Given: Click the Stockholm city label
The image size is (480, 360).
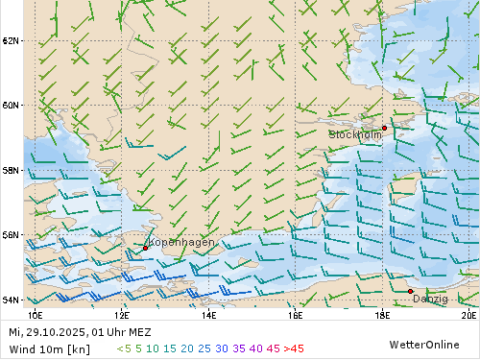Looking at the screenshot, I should click(355, 135).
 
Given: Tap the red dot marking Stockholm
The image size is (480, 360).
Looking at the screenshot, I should click(384, 128).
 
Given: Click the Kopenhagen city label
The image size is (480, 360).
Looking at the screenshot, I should click(181, 243).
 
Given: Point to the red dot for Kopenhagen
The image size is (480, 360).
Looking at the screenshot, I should click(145, 248).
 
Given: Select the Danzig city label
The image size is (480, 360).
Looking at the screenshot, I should click(429, 299).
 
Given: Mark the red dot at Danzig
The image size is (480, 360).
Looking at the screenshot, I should click(410, 291).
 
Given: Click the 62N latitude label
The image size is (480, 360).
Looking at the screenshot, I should click(12, 40).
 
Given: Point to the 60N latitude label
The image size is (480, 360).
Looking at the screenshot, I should click(12, 106).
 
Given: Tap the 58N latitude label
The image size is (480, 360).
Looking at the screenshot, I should click(12, 170).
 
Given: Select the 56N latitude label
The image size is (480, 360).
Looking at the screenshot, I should click(12, 234).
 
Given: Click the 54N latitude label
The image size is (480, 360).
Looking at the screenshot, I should click(12, 300).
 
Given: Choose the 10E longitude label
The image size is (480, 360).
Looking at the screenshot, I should click(36, 313).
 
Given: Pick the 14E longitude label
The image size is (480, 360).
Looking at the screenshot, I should click(208, 313).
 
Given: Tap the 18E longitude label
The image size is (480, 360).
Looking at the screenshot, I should click(382, 313).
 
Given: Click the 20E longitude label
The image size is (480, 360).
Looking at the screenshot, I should click(468, 313).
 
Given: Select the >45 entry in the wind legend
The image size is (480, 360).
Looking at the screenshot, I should click(293, 348).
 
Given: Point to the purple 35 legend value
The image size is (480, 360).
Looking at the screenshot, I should click(239, 348).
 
